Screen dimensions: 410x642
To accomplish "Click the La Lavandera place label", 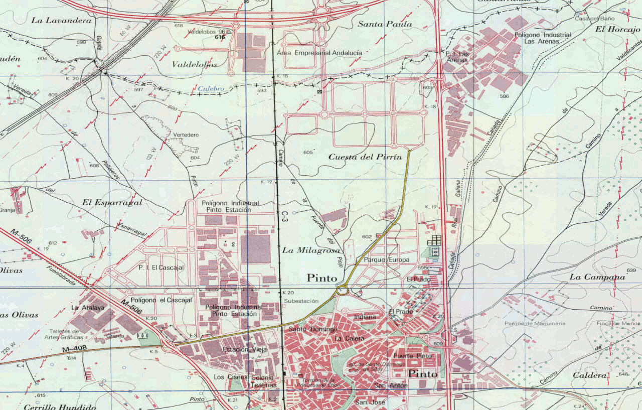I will (62, 21).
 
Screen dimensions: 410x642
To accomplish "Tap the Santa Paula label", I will (385, 24).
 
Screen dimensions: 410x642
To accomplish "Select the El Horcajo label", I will (618, 30).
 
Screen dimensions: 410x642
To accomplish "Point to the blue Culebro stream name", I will (210, 89).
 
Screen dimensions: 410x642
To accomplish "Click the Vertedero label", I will (186, 135).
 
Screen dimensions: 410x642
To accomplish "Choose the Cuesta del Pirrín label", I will (365, 157).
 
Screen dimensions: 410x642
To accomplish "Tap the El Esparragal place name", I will (112, 203).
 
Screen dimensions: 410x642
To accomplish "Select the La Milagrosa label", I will (311, 250).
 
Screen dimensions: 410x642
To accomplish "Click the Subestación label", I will (301, 301).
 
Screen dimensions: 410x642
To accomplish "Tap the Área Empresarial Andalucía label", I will (319, 53).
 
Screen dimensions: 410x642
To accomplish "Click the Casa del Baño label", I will (587, 19).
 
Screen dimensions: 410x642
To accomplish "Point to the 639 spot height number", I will (631, 271).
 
